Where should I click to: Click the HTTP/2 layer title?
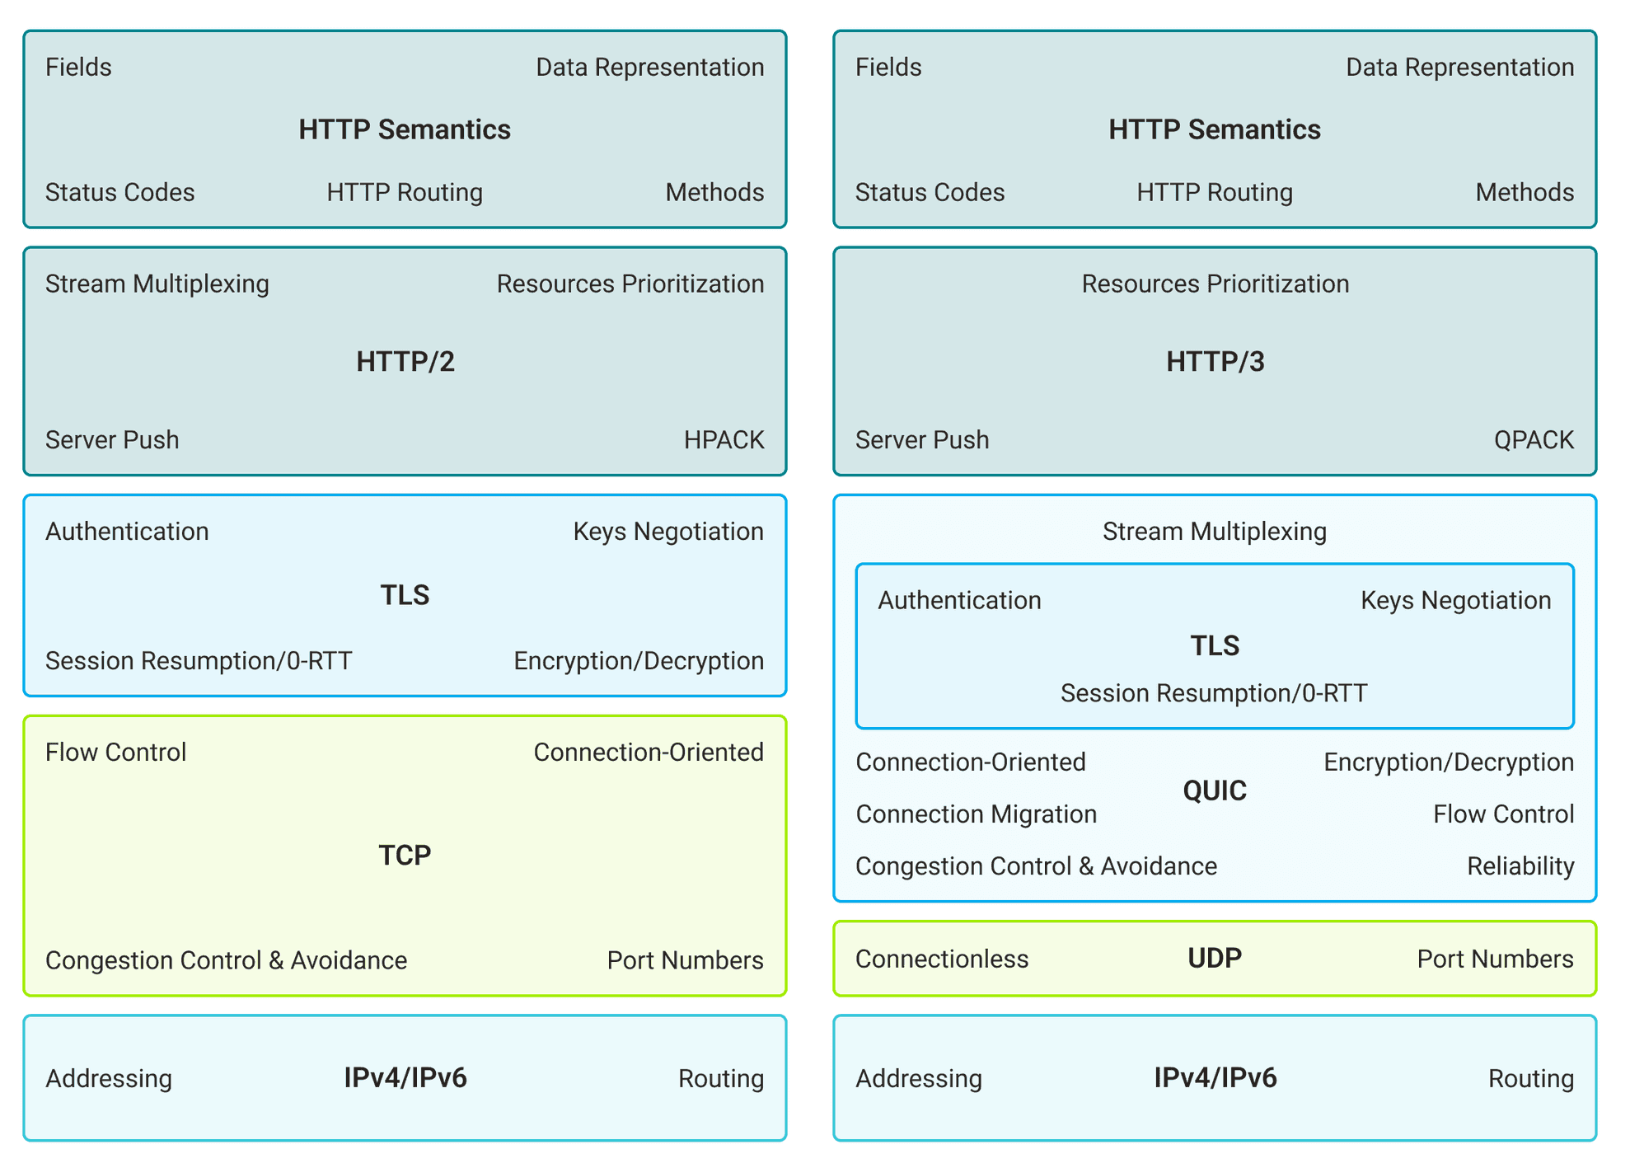(x=405, y=362)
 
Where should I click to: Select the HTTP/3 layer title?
(x=1215, y=362)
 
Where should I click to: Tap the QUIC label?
(x=1215, y=790)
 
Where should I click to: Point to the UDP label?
(x=1215, y=958)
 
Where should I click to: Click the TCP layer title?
(x=405, y=855)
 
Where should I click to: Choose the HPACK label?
(x=724, y=439)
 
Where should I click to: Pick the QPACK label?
(x=1534, y=439)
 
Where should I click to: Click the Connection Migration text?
(x=976, y=814)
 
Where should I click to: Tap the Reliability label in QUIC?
(x=1520, y=865)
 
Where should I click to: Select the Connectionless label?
(x=942, y=959)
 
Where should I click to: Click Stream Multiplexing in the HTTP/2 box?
(x=157, y=284)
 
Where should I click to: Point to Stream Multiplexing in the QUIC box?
(x=1215, y=531)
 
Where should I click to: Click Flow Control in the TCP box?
(x=115, y=752)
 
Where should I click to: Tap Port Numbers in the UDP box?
(x=1495, y=959)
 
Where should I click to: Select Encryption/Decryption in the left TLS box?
(x=639, y=660)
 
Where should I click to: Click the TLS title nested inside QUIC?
(x=1215, y=645)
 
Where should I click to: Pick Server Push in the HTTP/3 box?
(x=922, y=439)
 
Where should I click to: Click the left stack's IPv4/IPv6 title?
(x=405, y=1077)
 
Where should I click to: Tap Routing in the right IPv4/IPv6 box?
(x=1530, y=1078)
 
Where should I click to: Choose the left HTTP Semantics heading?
(x=405, y=129)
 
